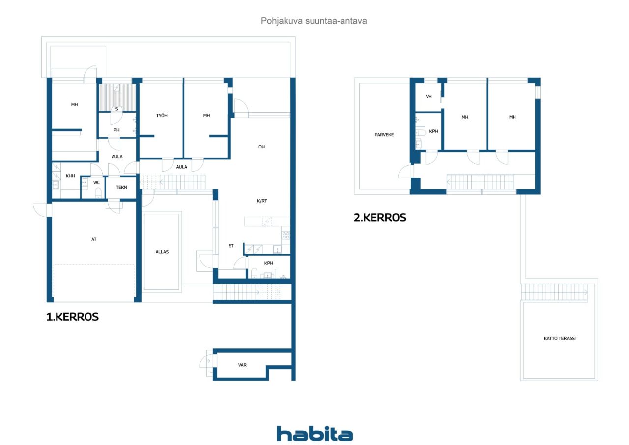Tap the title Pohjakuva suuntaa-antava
coord(314,21)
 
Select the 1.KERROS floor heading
coord(72,317)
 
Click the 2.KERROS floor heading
coord(380,218)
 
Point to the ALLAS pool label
coord(162,252)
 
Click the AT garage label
coord(94,239)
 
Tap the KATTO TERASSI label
coord(560,338)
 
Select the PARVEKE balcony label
coord(384,135)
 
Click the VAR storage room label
coord(242,365)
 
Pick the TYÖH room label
coord(162,115)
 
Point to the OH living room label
coord(261,147)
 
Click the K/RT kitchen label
coord(262,201)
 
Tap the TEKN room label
coord(121,187)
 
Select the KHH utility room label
coord(70,176)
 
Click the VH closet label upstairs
coord(429,97)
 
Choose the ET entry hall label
coord(231,246)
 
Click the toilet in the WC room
coord(98,193)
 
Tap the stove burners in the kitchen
coord(286,235)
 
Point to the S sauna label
coord(116,109)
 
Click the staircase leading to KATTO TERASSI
coord(554,293)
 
